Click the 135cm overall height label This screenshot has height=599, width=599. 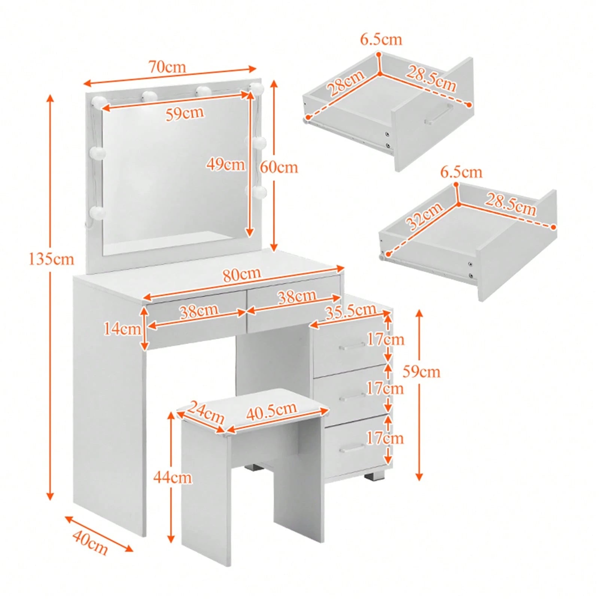[52, 259]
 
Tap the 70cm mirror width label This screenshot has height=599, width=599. [167, 67]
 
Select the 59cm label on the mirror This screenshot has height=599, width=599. [185, 113]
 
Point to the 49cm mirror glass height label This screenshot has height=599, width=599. [226, 164]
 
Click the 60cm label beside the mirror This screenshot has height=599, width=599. [279, 167]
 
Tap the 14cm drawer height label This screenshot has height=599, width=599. [122, 329]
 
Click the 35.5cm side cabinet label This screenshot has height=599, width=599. [351, 311]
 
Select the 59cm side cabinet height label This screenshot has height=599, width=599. [422, 372]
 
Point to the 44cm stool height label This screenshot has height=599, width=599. [172, 477]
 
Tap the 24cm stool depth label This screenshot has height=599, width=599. [205, 412]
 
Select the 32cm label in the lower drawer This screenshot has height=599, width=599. [425, 216]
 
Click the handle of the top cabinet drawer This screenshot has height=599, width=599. [352, 346]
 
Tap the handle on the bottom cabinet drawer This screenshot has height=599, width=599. [352, 448]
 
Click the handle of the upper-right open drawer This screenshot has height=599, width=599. [439, 113]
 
